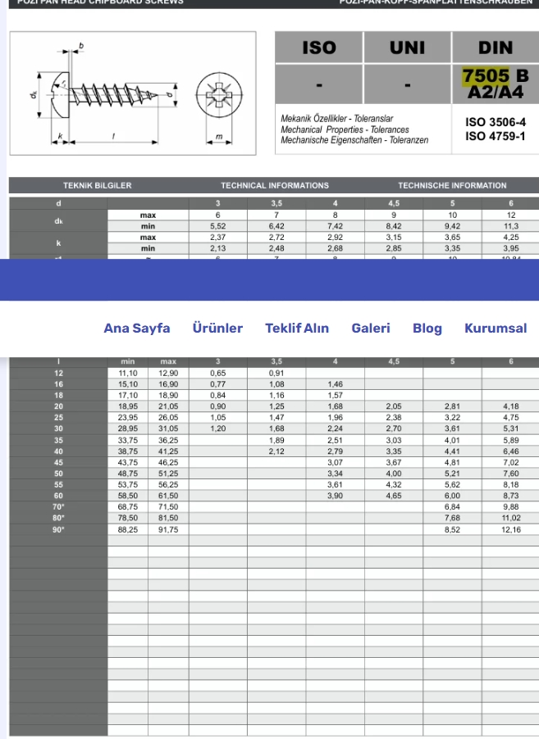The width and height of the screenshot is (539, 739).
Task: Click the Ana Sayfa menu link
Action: pyautogui.click(x=136, y=328)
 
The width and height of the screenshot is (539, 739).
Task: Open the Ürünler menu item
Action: pyautogui.click(x=217, y=328)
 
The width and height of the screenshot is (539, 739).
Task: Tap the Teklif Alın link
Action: pyautogui.click(x=297, y=328)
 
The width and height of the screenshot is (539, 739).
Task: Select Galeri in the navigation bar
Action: pyautogui.click(x=371, y=328)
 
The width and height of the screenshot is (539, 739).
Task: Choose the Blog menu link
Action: pyautogui.click(x=427, y=328)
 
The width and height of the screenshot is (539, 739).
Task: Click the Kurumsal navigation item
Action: pyautogui.click(x=496, y=328)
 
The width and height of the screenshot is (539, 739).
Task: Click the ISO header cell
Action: pyautogui.click(x=318, y=48)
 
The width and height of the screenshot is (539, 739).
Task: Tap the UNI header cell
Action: pyautogui.click(x=407, y=48)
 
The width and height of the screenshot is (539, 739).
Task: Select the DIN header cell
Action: pyautogui.click(x=495, y=48)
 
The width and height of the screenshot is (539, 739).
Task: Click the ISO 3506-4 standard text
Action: pyautogui.click(x=496, y=122)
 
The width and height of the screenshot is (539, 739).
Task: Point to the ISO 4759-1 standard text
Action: pyautogui.click(x=496, y=136)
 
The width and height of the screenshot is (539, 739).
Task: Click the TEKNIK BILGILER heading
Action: pyautogui.click(x=97, y=186)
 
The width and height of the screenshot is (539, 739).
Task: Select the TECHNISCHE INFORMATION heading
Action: pyautogui.click(x=452, y=186)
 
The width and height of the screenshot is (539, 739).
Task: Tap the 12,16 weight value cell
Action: pyautogui.click(x=511, y=530)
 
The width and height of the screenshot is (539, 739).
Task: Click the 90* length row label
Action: pyautogui.click(x=58, y=530)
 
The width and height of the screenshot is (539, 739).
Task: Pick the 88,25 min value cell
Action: pyautogui.click(x=128, y=530)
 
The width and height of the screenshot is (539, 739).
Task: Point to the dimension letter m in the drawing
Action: pyautogui.click(x=218, y=136)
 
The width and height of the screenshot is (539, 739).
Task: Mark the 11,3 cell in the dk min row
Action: pyautogui.click(x=511, y=226)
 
